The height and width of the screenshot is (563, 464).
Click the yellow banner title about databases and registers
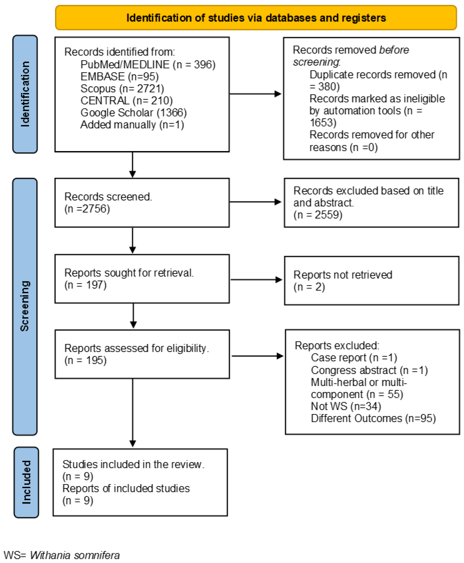[x=256, y=18]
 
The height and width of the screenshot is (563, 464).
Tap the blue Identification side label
[x=25, y=94]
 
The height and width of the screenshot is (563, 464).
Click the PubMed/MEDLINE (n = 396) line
[x=148, y=64]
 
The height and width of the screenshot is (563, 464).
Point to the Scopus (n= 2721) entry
[x=122, y=88]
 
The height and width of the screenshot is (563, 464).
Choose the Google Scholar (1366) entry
[x=133, y=112]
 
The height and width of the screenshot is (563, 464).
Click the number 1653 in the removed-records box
[x=323, y=123]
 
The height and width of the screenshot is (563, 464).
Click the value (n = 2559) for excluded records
[x=318, y=215]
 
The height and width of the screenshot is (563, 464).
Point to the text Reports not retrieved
[x=343, y=275]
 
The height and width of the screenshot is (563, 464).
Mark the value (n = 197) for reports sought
[x=85, y=285]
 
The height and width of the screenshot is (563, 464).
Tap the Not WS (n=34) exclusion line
[x=346, y=406]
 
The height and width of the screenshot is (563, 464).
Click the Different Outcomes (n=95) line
[x=373, y=418]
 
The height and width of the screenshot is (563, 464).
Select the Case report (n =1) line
[x=354, y=358]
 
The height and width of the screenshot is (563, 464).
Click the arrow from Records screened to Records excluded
[x=255, y=202]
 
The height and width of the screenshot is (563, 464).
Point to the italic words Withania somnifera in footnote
[x=75, y=555]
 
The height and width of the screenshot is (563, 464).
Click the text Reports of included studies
[x=126, y=488]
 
